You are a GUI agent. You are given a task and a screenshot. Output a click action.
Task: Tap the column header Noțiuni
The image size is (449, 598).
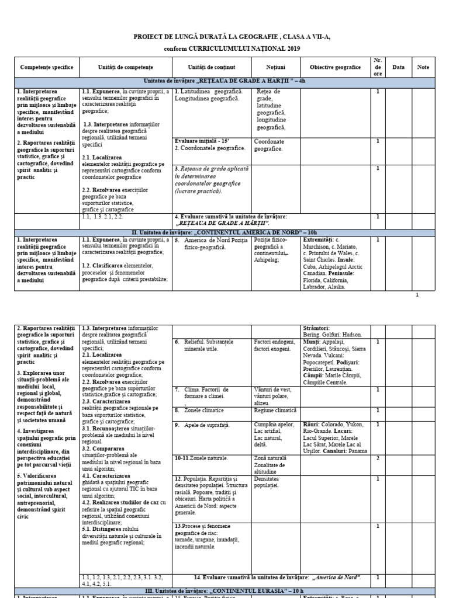275,68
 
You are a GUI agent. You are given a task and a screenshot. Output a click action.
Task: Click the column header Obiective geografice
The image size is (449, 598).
335,68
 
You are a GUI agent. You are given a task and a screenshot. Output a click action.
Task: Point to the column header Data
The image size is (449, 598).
398,68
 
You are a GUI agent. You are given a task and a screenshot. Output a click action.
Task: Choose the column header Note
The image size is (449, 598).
423,68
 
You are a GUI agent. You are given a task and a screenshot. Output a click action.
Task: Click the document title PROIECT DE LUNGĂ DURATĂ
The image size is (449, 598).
224,37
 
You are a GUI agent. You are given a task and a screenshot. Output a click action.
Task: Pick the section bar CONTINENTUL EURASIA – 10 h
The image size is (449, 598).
224,591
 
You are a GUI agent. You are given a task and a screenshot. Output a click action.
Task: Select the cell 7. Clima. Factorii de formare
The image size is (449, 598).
202,392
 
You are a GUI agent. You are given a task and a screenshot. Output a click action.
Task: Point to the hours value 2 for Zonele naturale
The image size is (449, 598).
378,458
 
